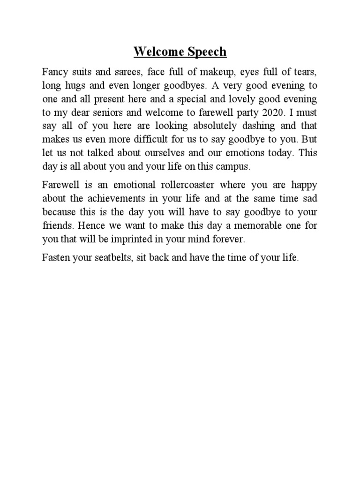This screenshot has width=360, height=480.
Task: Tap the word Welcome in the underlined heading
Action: (154, 52)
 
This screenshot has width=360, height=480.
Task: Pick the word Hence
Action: (91, 225)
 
